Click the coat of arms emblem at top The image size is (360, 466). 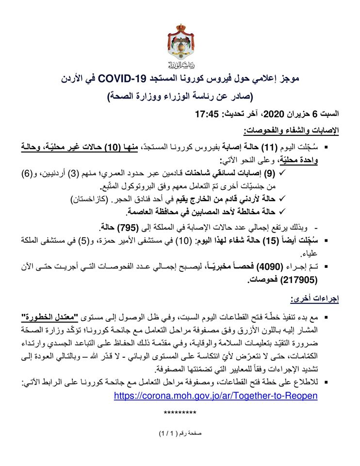click(180, 43)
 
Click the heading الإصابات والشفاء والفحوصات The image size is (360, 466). click(291, 131)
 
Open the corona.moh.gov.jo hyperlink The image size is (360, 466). click(215, 396)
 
